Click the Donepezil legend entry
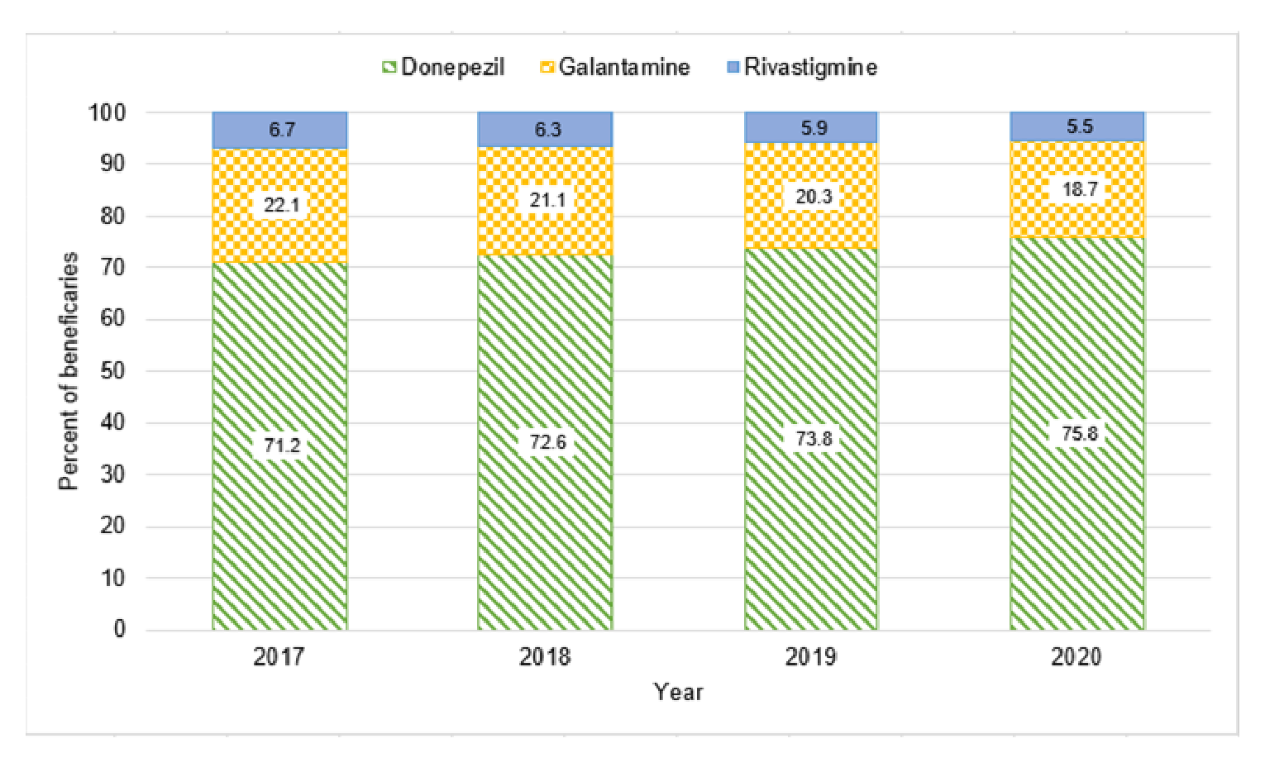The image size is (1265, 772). point(443,67)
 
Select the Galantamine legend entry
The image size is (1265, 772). point(615,67)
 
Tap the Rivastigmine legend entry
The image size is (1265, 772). point(801,67)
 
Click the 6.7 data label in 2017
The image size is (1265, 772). point(281,130)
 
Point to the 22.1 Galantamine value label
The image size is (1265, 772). point(281,204)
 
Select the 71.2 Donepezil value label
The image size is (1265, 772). point(281,446)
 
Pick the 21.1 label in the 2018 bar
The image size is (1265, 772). point(547,200)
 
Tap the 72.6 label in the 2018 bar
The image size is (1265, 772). point(547,442)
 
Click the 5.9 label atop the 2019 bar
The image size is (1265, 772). point(814,128)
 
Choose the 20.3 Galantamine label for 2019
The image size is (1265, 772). point(814,197)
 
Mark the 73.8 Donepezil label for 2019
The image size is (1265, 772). point(814,438)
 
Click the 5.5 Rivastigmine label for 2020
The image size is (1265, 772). point(1079,126)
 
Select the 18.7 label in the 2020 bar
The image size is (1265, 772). point(1079,189)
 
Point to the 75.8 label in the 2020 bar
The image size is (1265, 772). point(1079,433)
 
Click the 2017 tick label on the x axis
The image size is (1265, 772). point(279,657)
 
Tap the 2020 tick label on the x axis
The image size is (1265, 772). point(1076,657)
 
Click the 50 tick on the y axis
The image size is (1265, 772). point(112,370)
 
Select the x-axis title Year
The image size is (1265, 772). point(678,692)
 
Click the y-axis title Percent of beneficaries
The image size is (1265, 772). point(69,371)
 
